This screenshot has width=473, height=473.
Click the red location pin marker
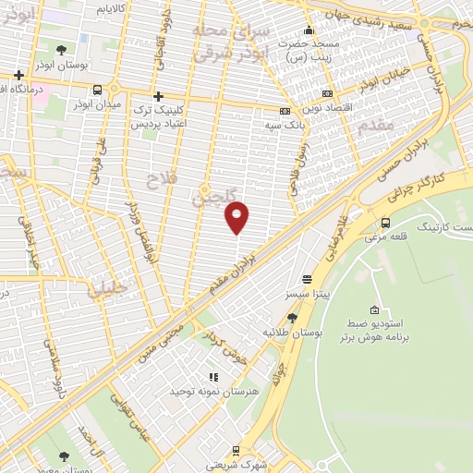click(237, 216)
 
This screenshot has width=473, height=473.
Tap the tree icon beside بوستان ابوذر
click(61, 50)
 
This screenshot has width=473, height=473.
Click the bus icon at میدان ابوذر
click(97, 90)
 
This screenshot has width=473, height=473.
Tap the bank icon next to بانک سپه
click(288, 110)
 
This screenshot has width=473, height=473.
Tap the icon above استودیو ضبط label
click(374, 309)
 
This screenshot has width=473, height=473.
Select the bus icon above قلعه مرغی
click(385, 222)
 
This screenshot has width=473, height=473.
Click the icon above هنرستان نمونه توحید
click(213, 377)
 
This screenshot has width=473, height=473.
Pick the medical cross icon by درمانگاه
click(18, 75)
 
